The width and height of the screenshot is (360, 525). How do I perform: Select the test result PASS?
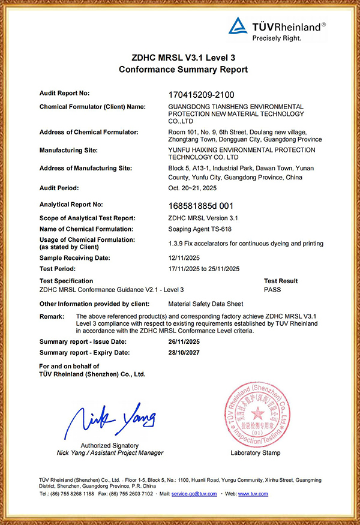[272, 290]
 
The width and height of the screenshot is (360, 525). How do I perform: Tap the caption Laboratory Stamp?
[255, 453]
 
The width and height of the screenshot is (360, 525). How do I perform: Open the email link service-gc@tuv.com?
[194, 494]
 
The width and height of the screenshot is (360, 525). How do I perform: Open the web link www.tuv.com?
[253, 494]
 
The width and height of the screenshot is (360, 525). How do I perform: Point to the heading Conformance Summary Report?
[183, 70]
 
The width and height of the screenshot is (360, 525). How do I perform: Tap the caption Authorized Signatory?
[110, 446]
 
